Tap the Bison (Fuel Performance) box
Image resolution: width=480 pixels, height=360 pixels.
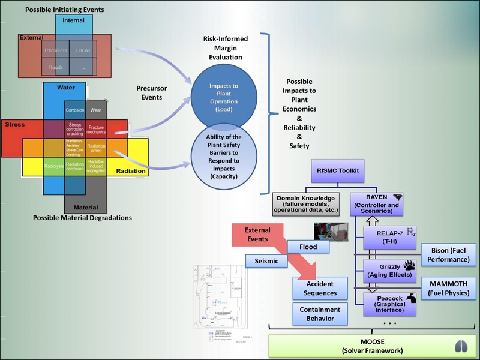tap(449, 255)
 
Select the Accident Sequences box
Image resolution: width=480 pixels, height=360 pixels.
tap(320, 287)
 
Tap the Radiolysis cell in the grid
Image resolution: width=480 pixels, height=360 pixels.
tap(54, 167)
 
